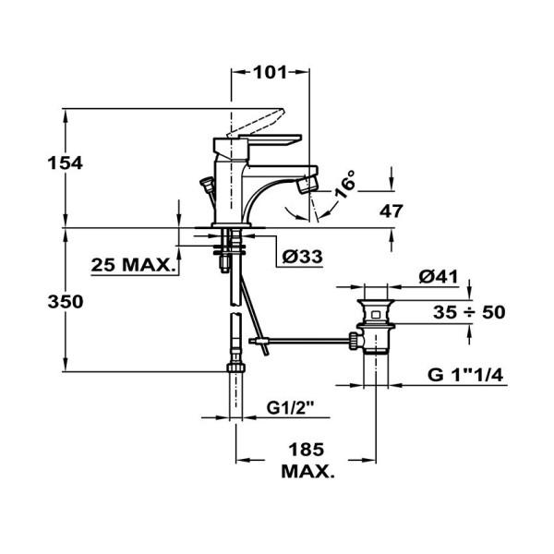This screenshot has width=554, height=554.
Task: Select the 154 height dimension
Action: point(40,163)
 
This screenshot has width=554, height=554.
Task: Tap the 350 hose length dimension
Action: point(40,302)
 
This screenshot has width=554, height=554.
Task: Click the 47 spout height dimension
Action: point(391,211)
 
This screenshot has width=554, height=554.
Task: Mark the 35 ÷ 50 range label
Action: point(470,312)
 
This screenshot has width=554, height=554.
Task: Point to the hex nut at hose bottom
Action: point(236,365)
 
